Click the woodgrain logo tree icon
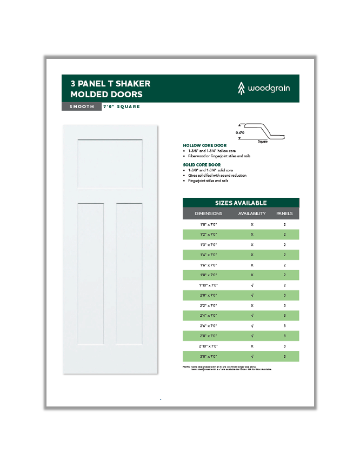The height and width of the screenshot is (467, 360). (241, 88)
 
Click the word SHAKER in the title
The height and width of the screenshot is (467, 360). (132, 84)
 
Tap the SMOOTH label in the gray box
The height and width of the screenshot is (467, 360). (81, 106)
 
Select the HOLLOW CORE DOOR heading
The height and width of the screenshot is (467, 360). (204, 145)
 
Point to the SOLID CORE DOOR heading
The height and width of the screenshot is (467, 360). (202, 164)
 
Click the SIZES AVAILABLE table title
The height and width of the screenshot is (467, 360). (241, 203)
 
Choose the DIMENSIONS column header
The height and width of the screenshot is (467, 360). (209, 214)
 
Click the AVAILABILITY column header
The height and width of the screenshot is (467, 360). (252, 214)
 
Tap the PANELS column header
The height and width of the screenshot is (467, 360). (284, 214)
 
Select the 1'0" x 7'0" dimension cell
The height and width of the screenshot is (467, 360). (209, 224)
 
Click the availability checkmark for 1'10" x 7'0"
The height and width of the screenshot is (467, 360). (252, 285)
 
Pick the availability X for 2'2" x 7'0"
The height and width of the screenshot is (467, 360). (252, 305)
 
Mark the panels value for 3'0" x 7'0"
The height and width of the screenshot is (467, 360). (284, 356)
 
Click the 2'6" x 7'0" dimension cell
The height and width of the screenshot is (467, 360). (209, 326)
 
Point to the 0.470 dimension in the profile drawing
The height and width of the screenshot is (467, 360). (239, 131)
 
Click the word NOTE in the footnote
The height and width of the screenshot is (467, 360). (186, 367)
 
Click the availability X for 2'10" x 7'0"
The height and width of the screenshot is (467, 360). (252, 346)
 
